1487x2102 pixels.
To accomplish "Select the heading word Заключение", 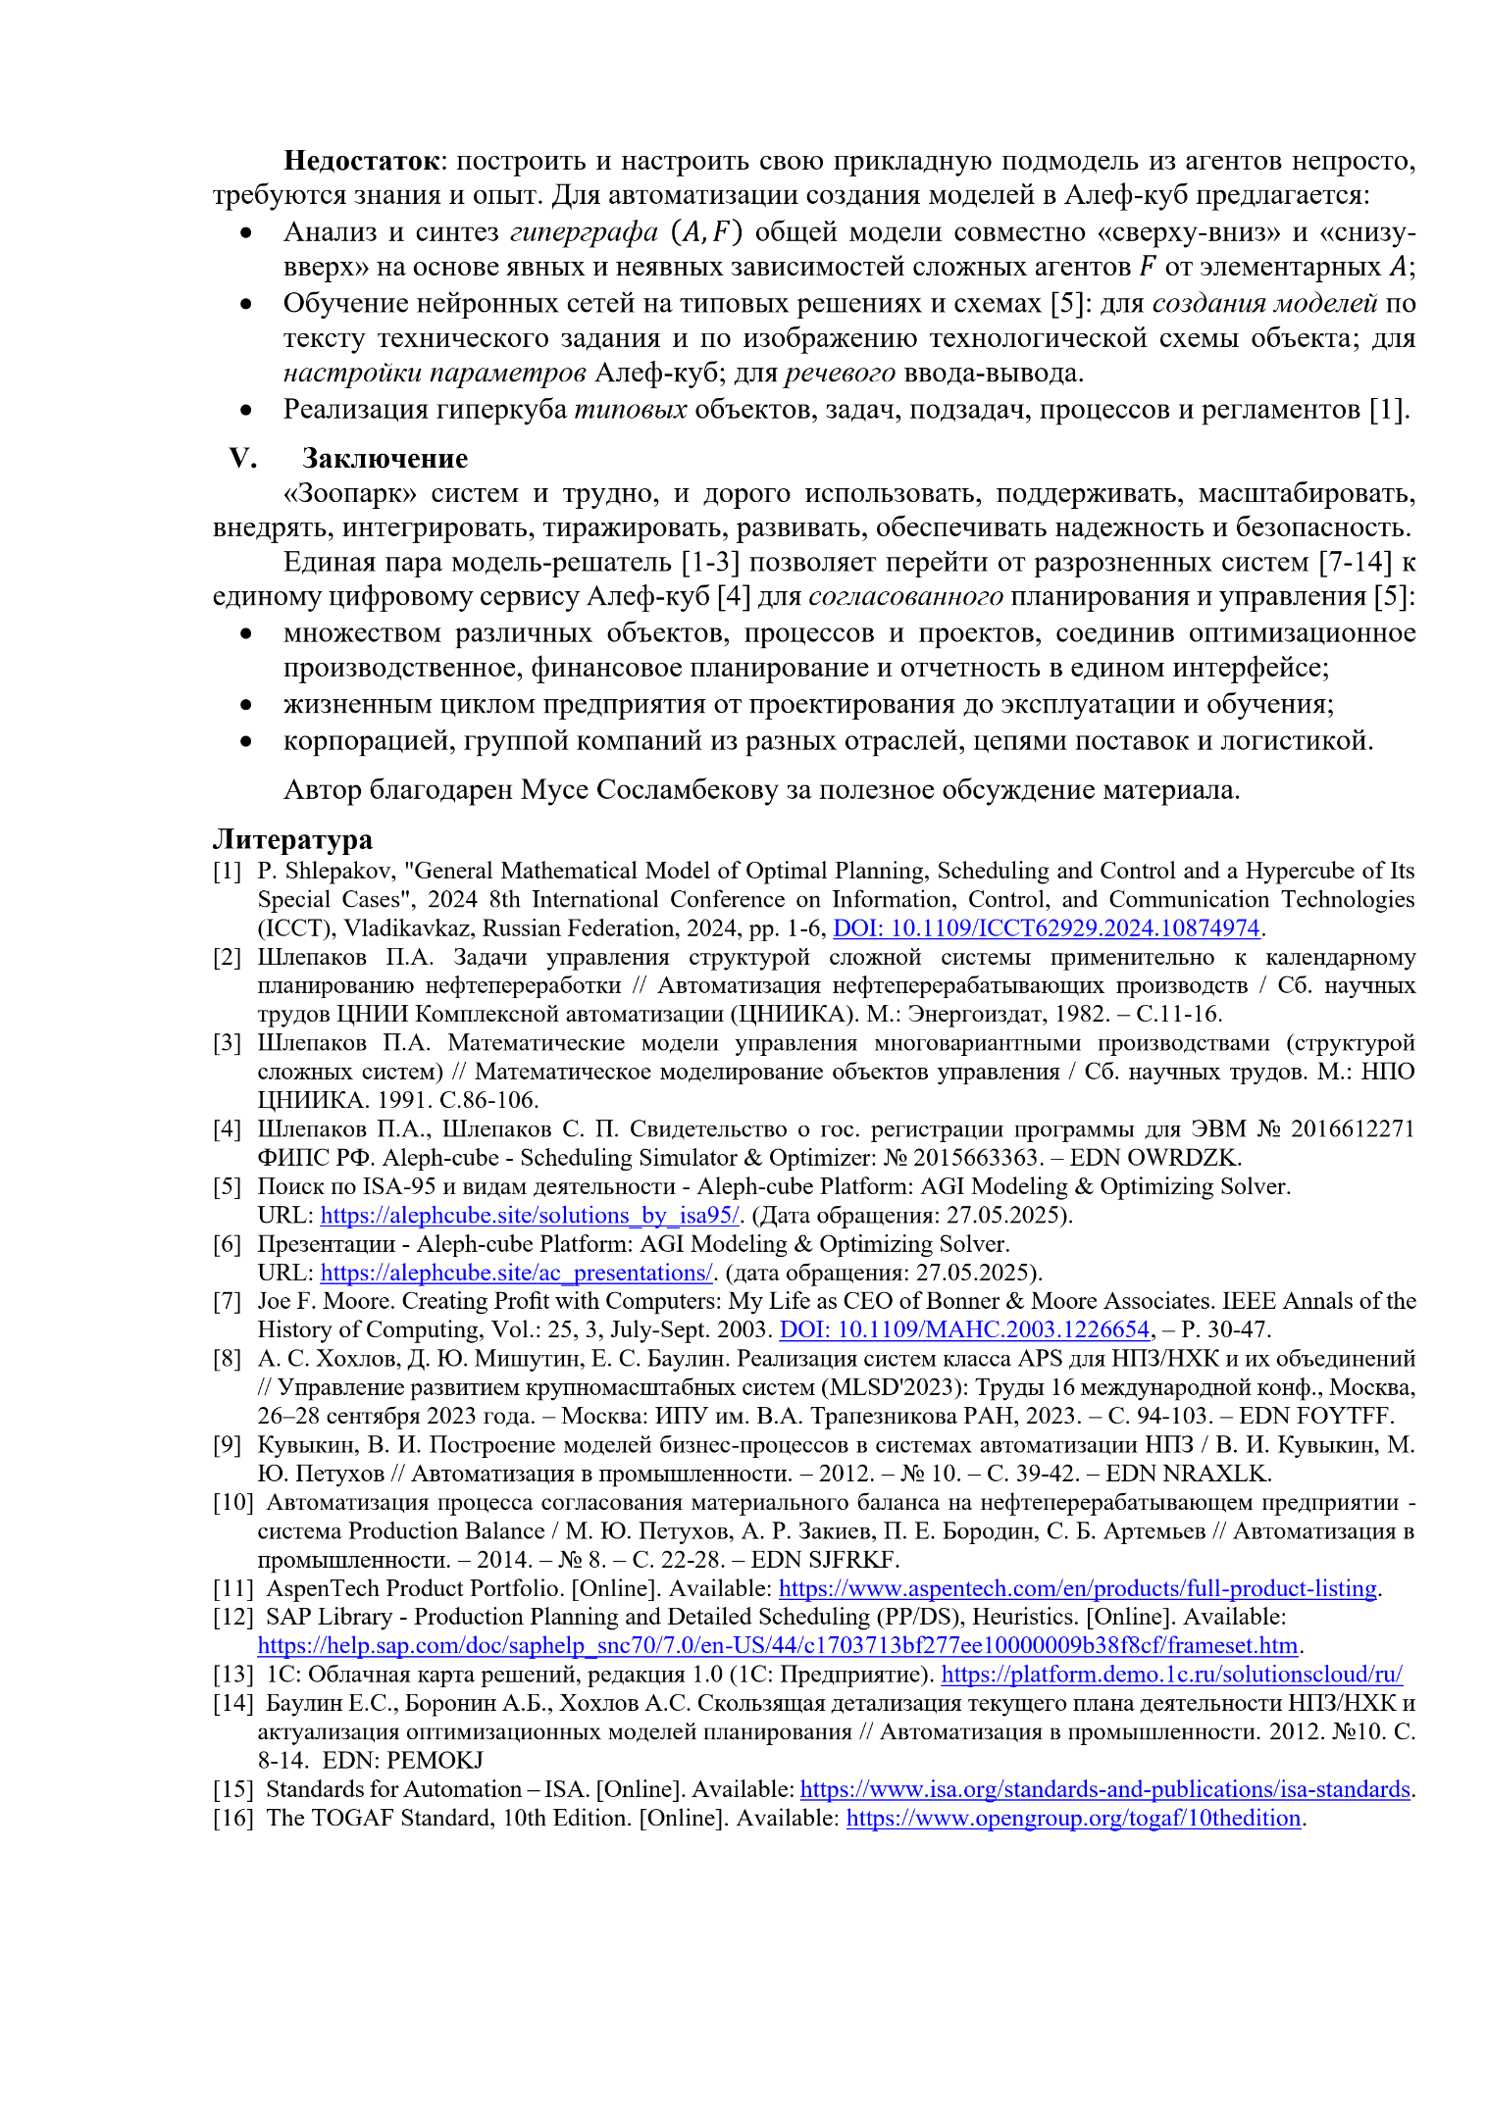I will tap(385, 458).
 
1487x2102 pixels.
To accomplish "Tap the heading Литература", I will tap(292, 839).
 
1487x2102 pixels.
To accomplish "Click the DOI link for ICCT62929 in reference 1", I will tap(1046, 927).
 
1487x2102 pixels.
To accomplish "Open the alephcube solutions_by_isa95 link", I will tap(530, 1215).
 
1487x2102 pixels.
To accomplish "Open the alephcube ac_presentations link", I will tap(516, 1273).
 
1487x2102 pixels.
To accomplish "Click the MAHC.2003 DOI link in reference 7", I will tap(964, 1329).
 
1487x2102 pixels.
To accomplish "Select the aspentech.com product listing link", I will tap(1078, 1588).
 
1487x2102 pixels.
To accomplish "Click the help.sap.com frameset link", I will tap(777, 1645).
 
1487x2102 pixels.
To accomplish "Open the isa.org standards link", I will tap(1104, 1789).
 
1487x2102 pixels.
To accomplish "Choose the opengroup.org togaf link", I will tap(1073, 1818).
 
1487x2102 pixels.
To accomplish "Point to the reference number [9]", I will tap(228, 1444).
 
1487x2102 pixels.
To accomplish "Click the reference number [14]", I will tap(232, 1703).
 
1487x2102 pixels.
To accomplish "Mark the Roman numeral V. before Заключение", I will tap(242, 458).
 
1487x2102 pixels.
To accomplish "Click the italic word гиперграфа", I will tap(584, 232).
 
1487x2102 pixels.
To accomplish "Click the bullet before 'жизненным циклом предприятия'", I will tap(246, 705).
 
